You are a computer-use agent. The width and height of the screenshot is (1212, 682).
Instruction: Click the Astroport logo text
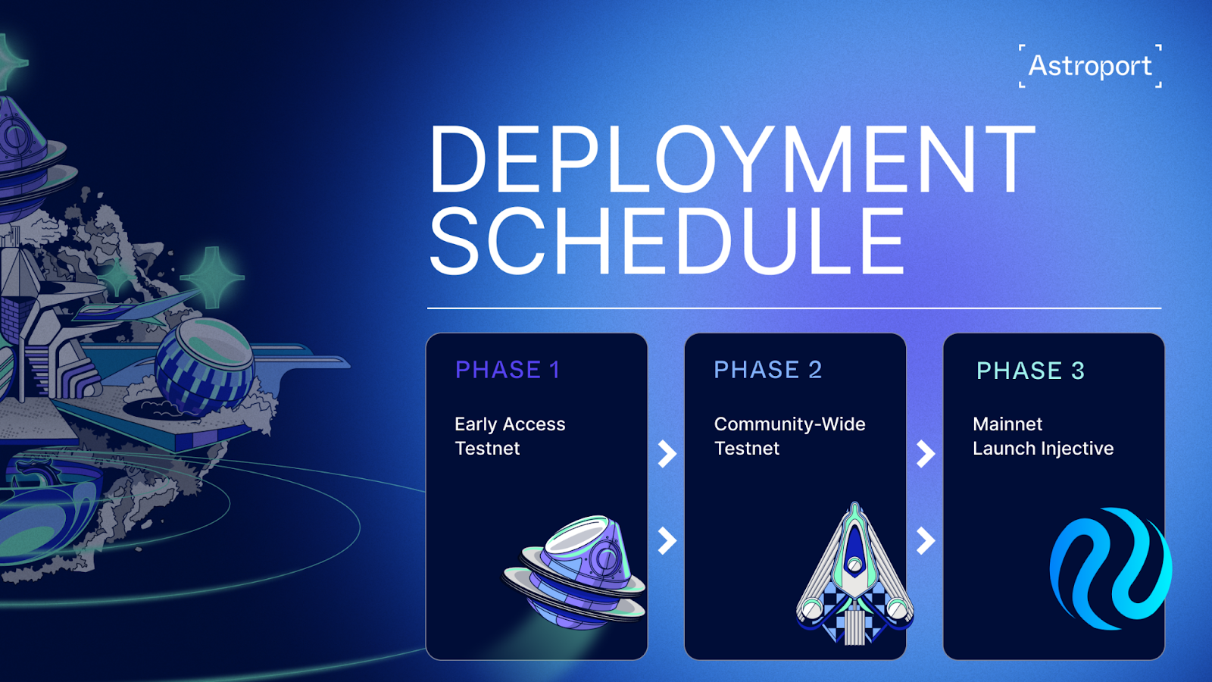1090,67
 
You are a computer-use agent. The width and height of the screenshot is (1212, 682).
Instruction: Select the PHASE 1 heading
508,371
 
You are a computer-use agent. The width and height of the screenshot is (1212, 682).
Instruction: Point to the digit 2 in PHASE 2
815,371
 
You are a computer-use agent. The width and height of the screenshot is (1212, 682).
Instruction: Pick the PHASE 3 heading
1030,371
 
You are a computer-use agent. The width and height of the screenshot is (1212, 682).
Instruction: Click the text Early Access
510,424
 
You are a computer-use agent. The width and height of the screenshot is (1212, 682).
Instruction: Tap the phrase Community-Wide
789,424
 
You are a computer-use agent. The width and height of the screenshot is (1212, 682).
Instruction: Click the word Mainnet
1007,424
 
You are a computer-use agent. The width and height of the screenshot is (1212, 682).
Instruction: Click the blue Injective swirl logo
1110,568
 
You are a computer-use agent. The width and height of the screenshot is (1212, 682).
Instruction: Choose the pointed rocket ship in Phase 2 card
854,574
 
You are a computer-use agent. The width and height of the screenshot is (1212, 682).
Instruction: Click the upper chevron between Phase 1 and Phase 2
667,454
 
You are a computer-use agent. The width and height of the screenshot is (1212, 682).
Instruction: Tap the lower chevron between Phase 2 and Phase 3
926,541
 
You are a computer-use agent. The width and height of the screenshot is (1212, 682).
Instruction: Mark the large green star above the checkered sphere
212,277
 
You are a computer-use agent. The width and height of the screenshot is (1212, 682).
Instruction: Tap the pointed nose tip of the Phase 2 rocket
854,503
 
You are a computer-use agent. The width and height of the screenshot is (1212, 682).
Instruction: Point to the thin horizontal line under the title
795,308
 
